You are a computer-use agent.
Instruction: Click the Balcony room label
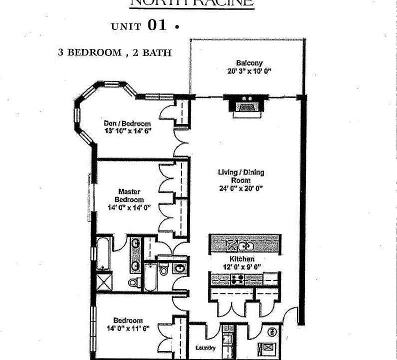(x=249, y=63)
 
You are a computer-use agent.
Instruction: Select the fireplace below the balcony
(x=245, y=106)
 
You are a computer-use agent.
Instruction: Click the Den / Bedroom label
(x=127, y=123)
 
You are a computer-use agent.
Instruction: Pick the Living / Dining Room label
(x=241, y=176)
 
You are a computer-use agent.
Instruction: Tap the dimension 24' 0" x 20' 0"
(x=241, y=188)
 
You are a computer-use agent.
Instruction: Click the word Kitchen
(x=241, y=259)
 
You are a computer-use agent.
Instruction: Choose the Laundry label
(x=205, y=348)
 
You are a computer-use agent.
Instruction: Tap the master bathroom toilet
(x=133, y=282)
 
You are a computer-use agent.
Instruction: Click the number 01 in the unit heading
(x=156, y=26)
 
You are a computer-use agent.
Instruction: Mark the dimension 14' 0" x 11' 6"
(x=127, y=328)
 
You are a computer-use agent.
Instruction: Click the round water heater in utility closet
(x=273, y=331)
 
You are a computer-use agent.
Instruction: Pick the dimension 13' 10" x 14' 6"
(x=127, y=130)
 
